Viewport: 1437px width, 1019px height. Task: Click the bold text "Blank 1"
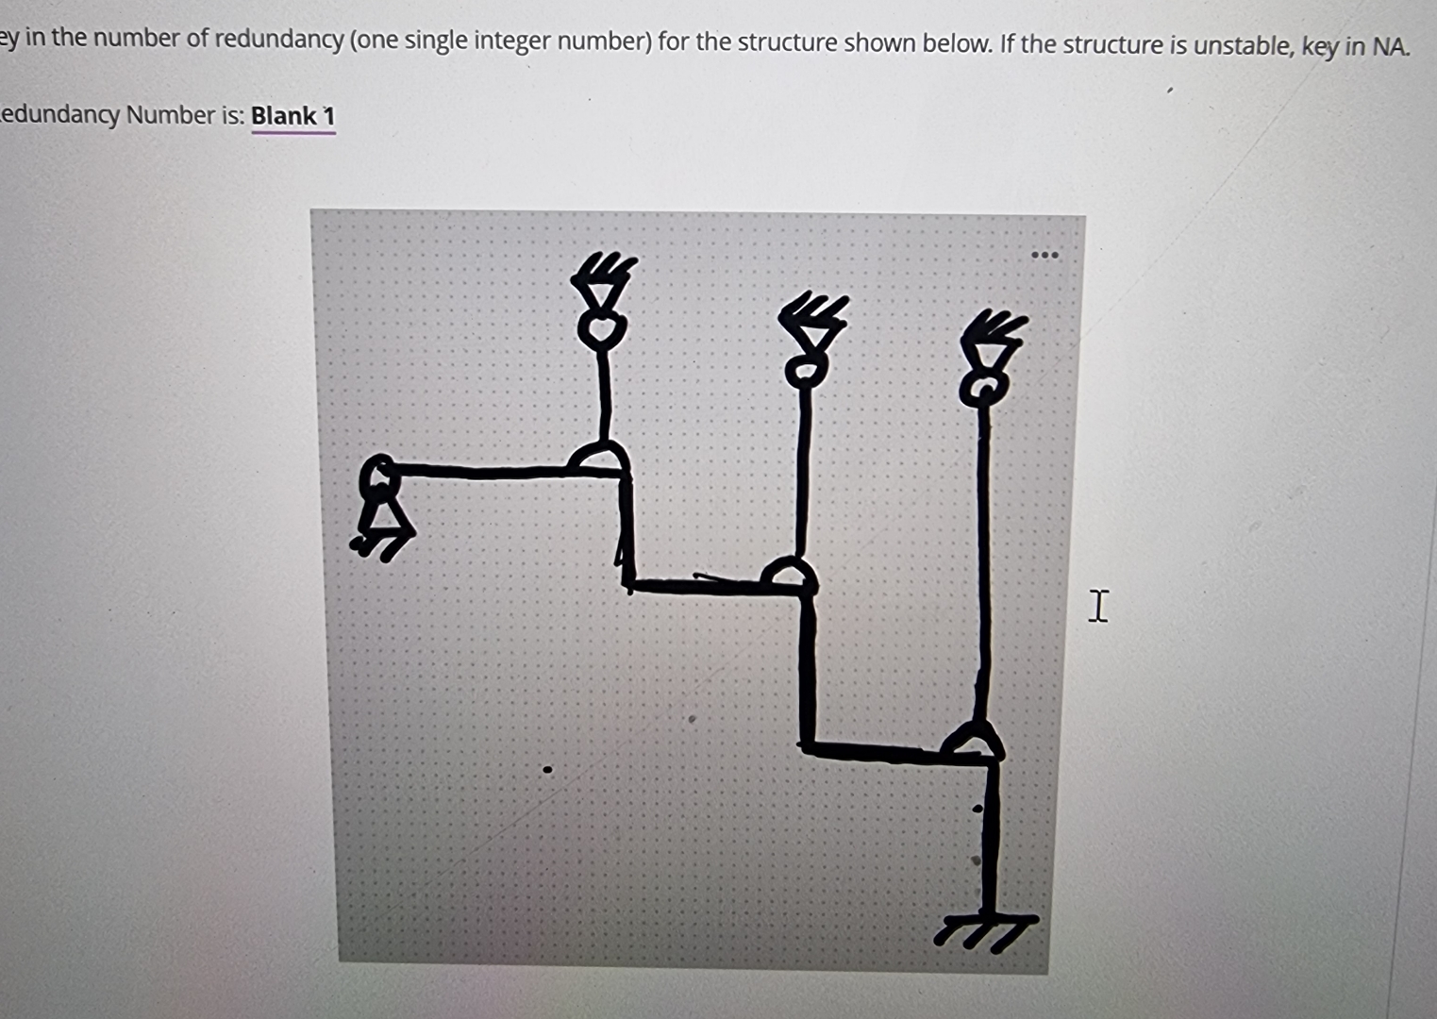pyautogui.click(x=293, y=116)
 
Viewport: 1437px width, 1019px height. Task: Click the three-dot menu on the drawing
pyautogui.click(x=1044, y=256)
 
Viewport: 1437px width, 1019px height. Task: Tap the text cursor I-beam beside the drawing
pyautogui.click(x=1097, y=607)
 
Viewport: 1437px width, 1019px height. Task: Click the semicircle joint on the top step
pyautogui.click(x=598, y=457)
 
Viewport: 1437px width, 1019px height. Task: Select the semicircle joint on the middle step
pyautogui.click(x=789, y=571)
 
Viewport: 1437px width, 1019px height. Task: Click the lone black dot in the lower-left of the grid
pyautogui.click(x=547, y=769)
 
